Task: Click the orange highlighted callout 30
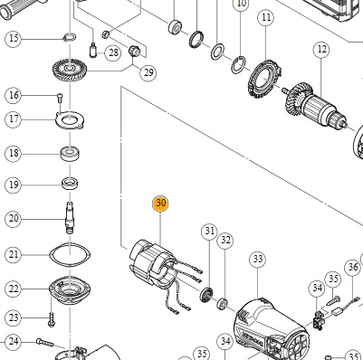(x=160, y=204)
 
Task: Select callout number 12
(x=321, y=49)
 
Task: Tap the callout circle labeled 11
(x=266, y=18)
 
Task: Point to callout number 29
(x=148, y=72)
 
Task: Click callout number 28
(x=113, y=53)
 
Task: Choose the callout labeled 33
(x=258, y=260)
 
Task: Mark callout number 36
(x=353, y=267)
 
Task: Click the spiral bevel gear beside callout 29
(x=70, y=71)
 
